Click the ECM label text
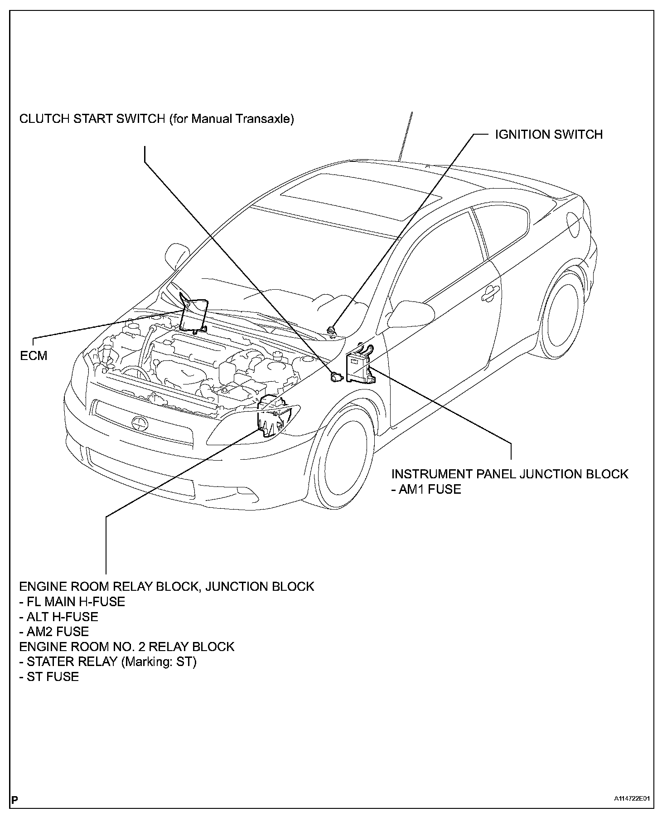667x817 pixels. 34,355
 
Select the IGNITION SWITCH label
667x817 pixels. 548,135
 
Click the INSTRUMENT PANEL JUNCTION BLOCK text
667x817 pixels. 510,474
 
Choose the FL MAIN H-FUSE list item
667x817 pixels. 72,602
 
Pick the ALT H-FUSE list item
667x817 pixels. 58,617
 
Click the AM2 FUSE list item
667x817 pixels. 54,632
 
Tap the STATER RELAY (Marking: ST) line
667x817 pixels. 108,661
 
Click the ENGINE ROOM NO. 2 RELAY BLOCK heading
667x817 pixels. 127,647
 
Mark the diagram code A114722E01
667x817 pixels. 634,799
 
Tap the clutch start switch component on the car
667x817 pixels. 336,376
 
